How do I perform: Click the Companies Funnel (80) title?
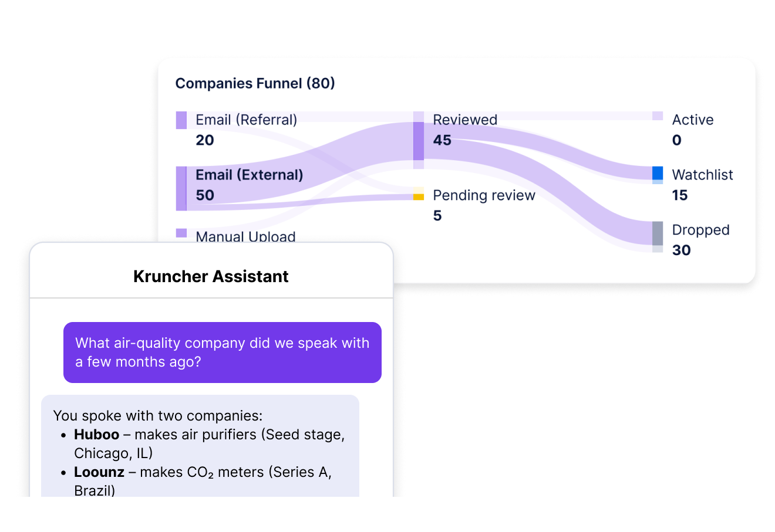point(255,83)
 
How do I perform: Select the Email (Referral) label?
point(246,120)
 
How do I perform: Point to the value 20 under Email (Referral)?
point(205,140)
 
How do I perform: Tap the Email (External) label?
point(249,175)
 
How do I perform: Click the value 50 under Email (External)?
point(205,195)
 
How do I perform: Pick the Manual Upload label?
point(245,236)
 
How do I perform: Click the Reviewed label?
point(465,120)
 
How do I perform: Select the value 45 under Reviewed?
point(442,140)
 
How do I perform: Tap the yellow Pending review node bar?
point(418,196)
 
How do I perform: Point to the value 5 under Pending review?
point(437,216)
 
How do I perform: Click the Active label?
point(693,120)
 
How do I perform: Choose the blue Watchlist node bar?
point(658,173)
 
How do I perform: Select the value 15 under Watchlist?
point(680,195)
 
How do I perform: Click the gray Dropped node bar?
point(658,233)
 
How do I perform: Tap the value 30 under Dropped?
point(681,250)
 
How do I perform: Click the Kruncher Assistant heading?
point(211,276)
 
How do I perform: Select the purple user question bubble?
point(222,352)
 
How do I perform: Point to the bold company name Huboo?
point(96,435)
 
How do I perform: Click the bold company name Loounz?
point(99,472)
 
